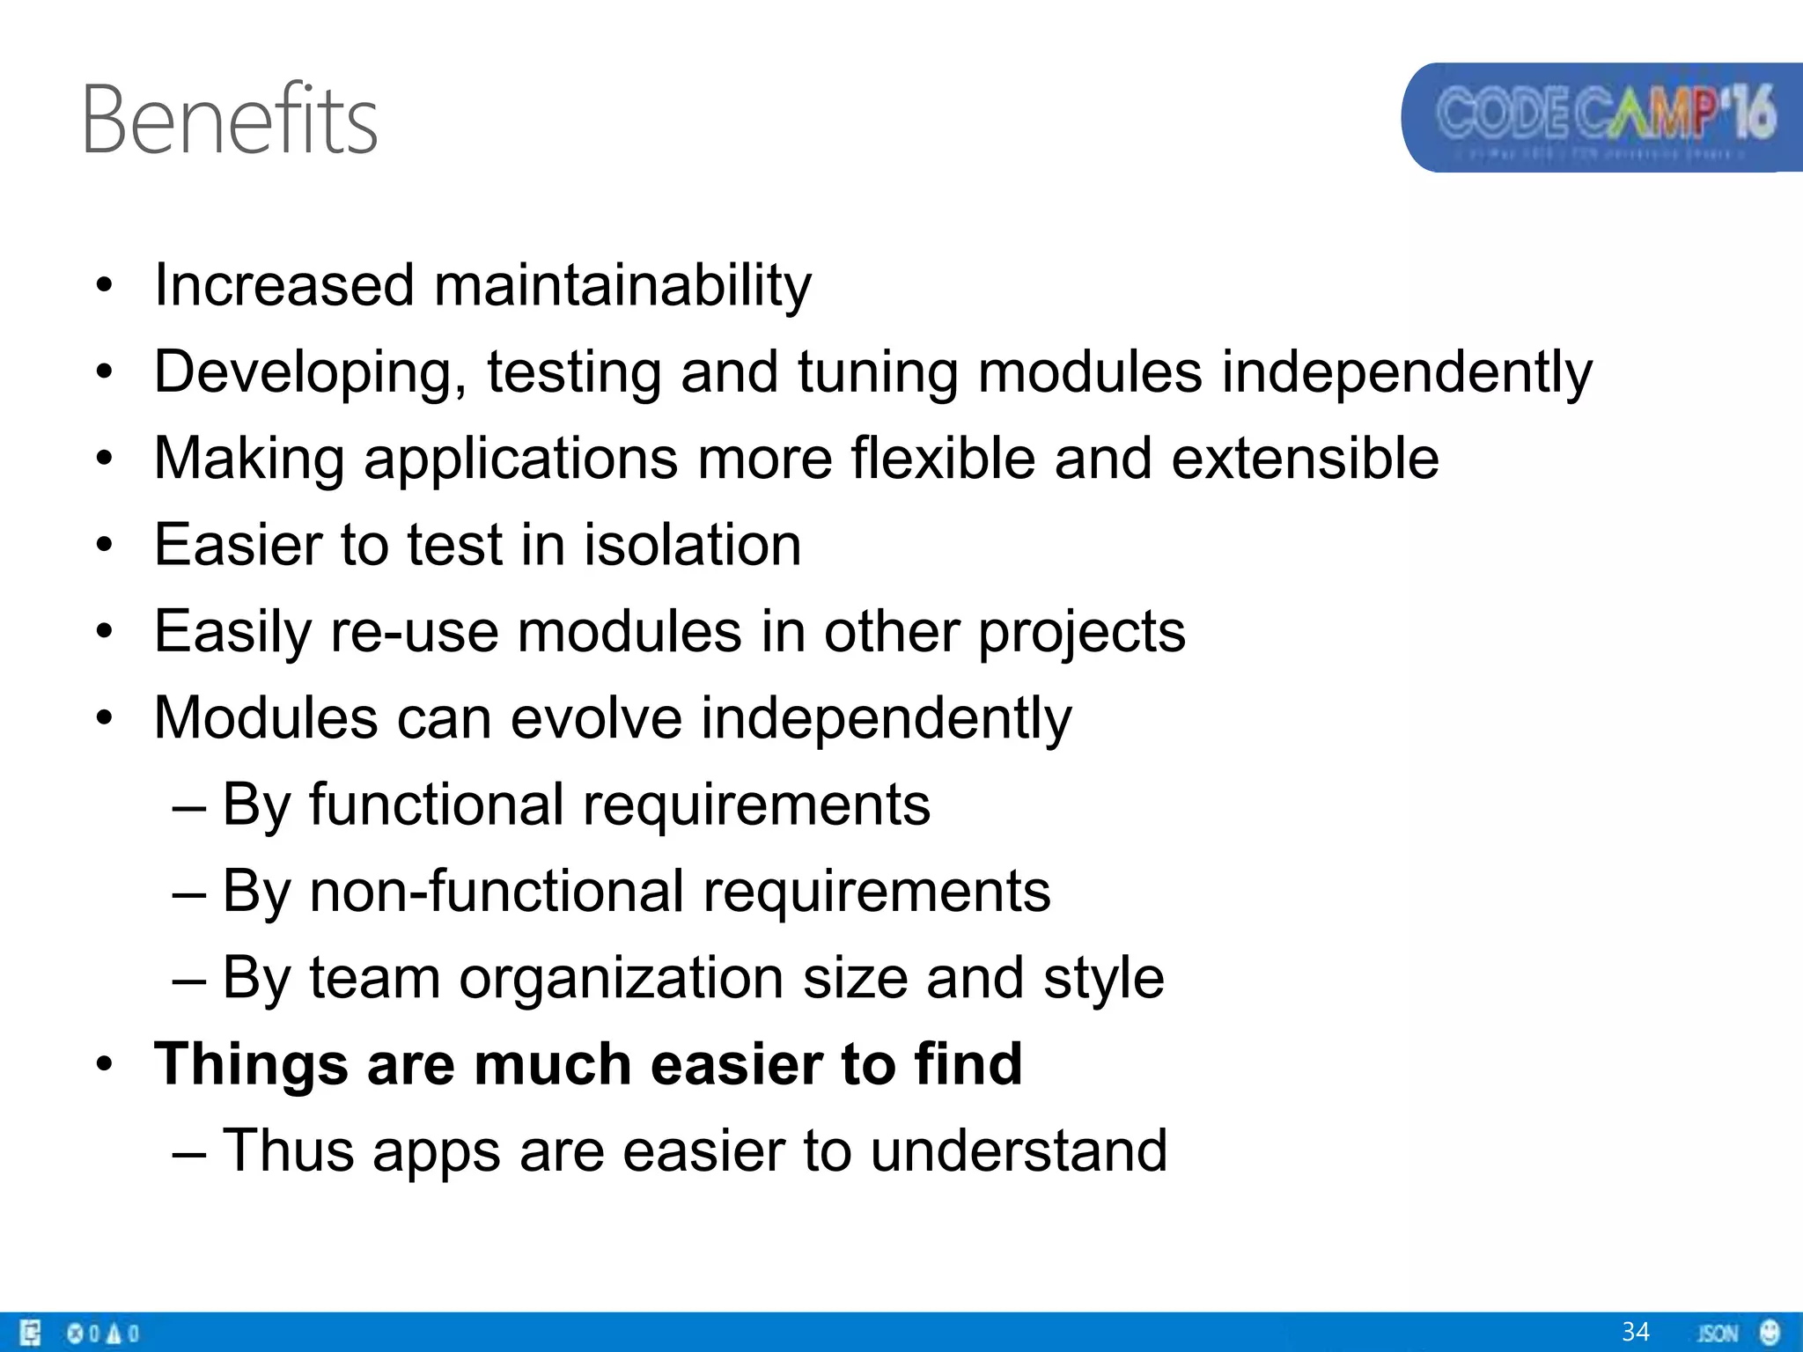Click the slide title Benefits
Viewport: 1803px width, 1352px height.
230,120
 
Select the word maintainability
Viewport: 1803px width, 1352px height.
622,286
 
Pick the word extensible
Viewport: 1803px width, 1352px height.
1305,459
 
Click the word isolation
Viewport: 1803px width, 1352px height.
692,545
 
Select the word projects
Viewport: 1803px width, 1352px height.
1082,633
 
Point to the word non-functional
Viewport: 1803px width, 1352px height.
497,891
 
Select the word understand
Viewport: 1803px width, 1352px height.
1019,1150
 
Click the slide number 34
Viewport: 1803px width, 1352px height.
1635,1332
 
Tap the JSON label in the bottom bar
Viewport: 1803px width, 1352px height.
1718,1334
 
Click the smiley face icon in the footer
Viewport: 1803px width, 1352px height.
1770,1332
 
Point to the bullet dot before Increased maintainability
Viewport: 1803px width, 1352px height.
106,286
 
